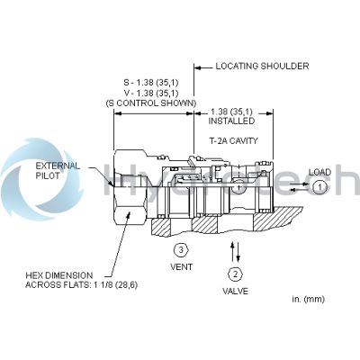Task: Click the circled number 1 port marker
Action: [320, 187]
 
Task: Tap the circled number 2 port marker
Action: [235, 274]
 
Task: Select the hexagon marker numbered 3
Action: [181, 249]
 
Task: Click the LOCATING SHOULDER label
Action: [262, 66]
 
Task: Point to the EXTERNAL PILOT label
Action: [58, 171]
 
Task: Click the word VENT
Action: [182, 266]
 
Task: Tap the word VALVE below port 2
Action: [235, 291]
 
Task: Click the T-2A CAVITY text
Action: [233, 140]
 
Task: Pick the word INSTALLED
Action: [231, 121]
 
